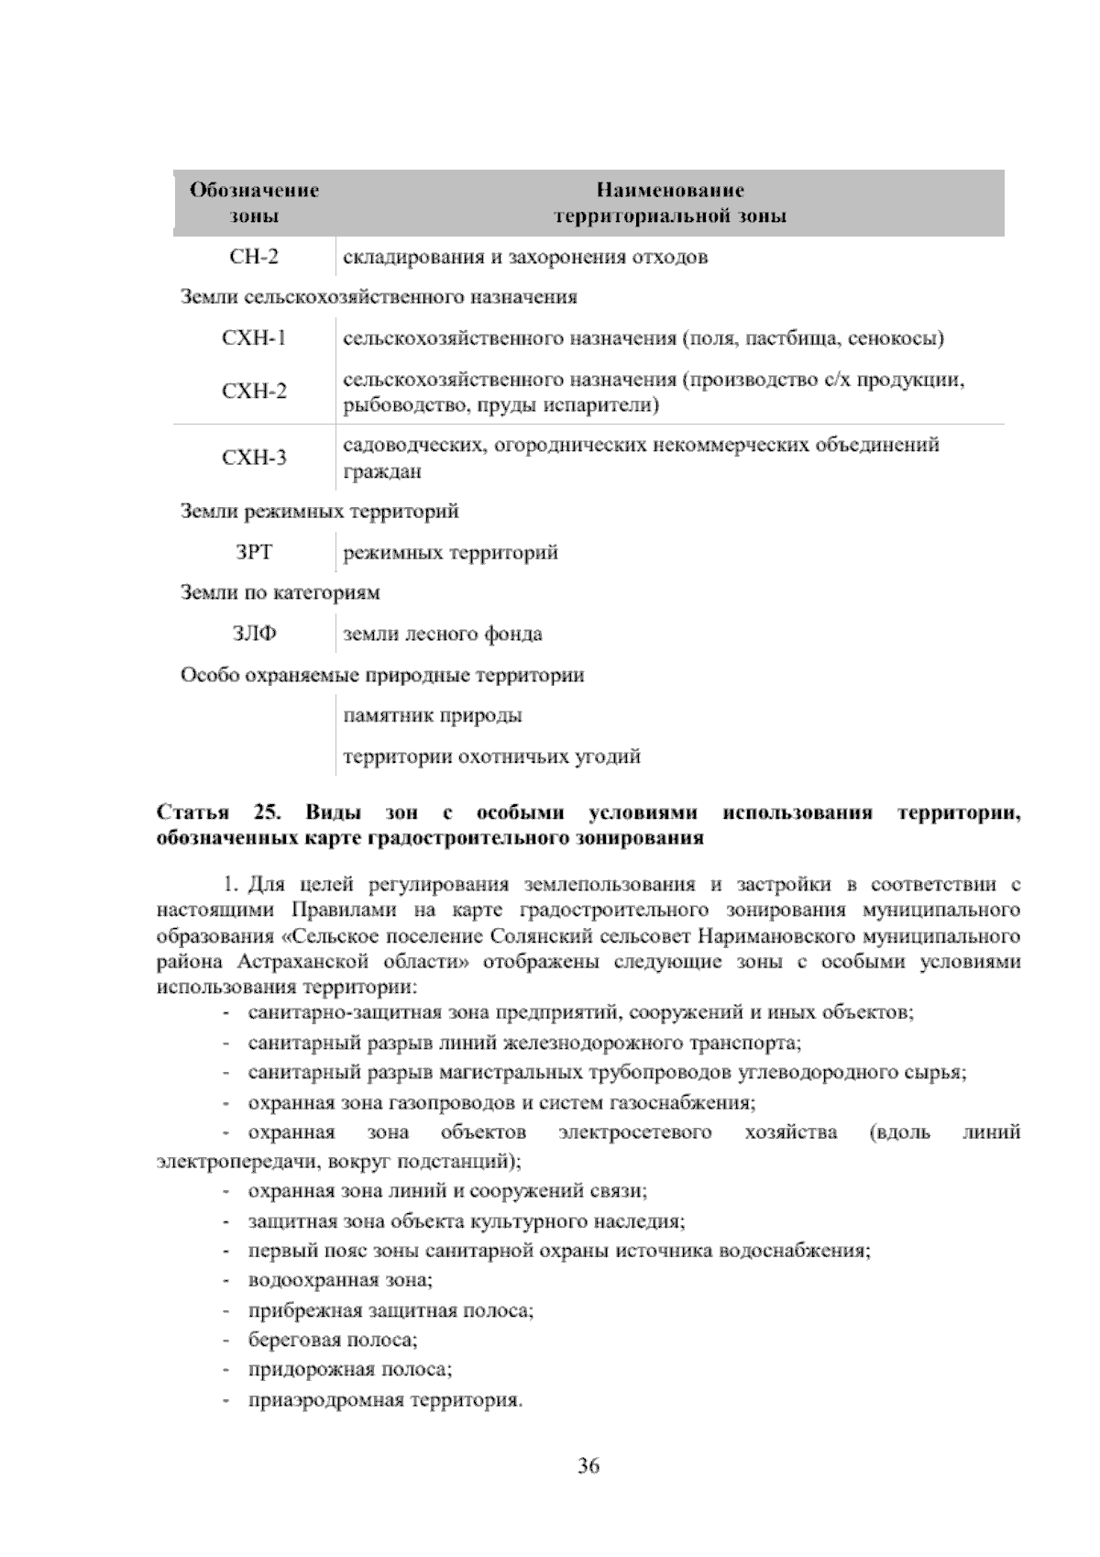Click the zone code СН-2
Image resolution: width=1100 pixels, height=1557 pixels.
coord(254,257)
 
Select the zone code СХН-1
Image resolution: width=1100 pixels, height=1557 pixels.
coord(254,338)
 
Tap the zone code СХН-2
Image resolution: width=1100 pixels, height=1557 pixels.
coord(254,392)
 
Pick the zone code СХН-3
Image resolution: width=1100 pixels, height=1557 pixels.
coord(254,458)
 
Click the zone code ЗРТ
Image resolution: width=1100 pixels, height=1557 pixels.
coord(254,553)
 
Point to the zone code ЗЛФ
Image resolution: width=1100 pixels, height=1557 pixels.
coord(254,634)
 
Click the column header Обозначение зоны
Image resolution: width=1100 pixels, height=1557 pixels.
coord(254,203)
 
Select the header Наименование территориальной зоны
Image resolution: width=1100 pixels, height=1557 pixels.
coord(669,203)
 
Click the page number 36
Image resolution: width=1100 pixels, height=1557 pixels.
coord(588,1465)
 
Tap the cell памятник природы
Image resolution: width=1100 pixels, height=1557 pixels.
coord(433,715)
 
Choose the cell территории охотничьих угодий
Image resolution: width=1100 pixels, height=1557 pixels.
coord(491,756)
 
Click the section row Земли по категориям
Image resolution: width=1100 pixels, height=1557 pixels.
coord(280,593)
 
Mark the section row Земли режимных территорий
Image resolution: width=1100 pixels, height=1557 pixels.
coord(319,512)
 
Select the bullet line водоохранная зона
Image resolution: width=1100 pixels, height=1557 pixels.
coord(340,1280)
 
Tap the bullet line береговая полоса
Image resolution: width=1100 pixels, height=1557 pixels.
coord(333,1340)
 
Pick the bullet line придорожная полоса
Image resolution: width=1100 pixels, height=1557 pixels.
coord(350,1370)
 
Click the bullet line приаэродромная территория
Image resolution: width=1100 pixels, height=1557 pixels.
coord(385,1400)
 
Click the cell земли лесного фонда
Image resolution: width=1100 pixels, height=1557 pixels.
coord(442,634)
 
